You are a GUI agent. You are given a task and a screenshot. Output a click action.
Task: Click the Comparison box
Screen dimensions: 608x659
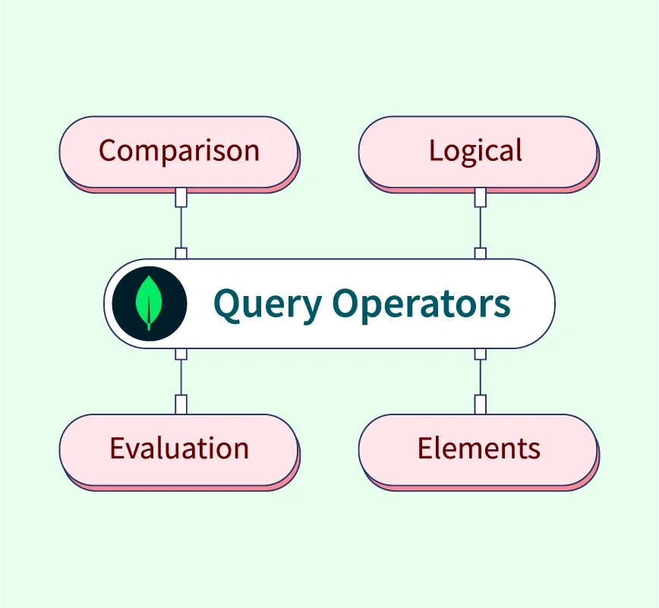tap(179, 151)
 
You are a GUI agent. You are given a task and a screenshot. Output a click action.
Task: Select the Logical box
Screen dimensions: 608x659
tap(477, 151)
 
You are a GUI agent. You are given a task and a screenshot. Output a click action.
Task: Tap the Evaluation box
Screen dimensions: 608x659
tap(179, 449)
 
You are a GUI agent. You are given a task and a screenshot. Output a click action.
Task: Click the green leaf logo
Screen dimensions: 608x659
tap(149, 301)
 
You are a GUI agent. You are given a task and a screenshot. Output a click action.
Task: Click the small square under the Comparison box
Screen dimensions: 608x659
tap(181, 197)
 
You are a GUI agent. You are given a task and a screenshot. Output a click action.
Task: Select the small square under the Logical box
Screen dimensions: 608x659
tap(480, 197)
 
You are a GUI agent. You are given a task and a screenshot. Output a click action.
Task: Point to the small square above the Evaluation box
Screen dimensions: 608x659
tap(181, 404)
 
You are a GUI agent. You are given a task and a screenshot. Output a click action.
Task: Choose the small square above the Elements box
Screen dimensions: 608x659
tap(480, 404)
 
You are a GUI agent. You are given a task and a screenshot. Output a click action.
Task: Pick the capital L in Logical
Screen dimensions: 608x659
tap(435, 150)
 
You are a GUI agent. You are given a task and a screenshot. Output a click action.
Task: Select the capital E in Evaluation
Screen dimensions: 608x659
tap(116, 449)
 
